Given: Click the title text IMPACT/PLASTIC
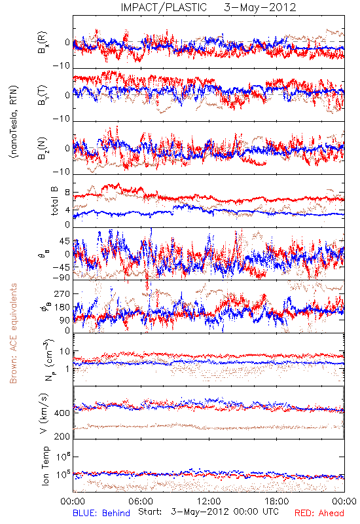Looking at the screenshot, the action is pos(164,7).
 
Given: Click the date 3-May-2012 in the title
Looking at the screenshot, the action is pos(260,7).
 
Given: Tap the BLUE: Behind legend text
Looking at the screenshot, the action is pos(101,513).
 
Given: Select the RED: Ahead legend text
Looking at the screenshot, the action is pos(319,513).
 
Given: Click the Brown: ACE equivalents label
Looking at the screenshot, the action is pos(13,333).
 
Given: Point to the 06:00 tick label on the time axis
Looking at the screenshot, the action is pos(141,501).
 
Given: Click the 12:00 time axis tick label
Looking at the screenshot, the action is pos(209,501).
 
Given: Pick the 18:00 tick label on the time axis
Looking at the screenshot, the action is pos(277,501).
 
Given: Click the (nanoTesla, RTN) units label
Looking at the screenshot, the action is pos(14,122).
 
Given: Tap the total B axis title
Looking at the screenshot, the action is pos(54,201).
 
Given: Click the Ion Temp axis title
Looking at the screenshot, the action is pos(45,466).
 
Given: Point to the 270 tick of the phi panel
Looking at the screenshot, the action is pos(62,293).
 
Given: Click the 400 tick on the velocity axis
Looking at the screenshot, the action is pos(62,413).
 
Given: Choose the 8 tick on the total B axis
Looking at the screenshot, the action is pos(67,193).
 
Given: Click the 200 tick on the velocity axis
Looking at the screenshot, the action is pos(62,436).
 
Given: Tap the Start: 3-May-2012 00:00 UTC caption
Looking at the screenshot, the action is pos(208,512).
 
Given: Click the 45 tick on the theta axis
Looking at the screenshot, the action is pos(65,241).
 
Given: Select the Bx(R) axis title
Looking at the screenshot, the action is pos(43,43).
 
